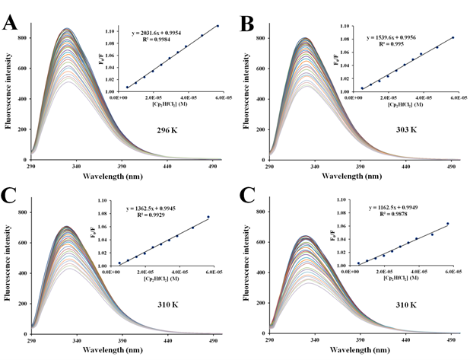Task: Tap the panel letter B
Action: point(246,21)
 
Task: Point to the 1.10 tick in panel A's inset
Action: point(110,31)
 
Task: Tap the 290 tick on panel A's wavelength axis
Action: point(31,164)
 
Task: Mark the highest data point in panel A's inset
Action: point(217,26)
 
